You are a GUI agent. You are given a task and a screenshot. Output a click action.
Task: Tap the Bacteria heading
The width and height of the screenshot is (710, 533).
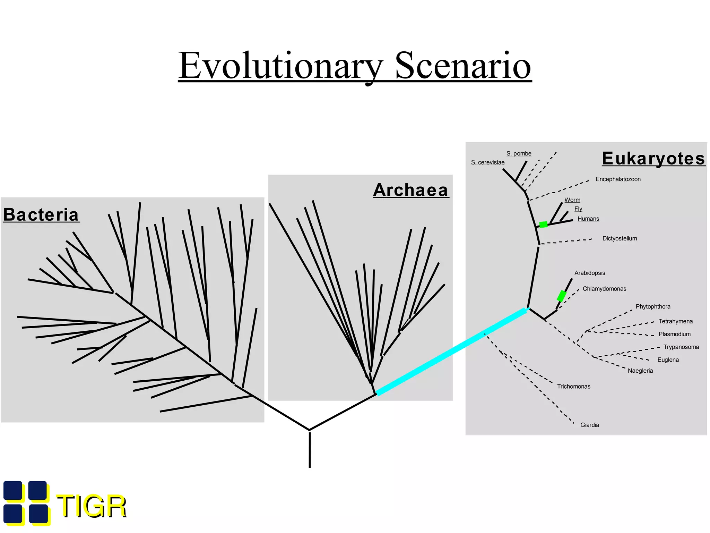coord(41,214)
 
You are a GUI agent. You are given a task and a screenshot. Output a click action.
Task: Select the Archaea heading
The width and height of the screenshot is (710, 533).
coord(411,190)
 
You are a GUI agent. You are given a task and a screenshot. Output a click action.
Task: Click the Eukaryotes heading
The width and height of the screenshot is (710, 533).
coord(653,159)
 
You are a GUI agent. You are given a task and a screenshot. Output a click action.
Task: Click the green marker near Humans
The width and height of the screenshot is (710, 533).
coord(543,225)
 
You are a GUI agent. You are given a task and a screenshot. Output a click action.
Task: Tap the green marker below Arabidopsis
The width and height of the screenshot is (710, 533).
coord(561,296)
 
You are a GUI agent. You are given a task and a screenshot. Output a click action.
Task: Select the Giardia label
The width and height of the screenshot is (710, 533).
coord(589,425)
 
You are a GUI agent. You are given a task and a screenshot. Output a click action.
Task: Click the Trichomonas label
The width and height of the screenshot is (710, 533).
coord(573,387)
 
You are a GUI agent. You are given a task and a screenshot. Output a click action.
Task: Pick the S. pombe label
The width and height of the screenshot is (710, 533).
coord(519,153)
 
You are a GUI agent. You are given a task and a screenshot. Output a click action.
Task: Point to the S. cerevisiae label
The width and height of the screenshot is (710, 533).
coord(487,162)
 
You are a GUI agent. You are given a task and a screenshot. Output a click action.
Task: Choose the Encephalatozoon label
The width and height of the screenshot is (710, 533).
coord(618,179)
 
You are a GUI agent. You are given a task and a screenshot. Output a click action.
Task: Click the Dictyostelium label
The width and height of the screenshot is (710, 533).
coord(620,238)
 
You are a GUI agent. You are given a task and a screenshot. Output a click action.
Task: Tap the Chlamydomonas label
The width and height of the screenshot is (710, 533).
coord(604,289)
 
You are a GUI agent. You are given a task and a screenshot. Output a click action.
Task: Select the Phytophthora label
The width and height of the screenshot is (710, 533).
coord(653,307)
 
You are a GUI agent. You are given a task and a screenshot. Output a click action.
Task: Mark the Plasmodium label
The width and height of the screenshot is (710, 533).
coord(674,334)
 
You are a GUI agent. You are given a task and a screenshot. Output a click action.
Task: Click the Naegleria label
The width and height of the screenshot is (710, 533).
coord(640,371)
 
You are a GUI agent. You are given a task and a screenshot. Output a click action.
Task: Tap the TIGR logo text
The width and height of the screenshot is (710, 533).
coord(92,506)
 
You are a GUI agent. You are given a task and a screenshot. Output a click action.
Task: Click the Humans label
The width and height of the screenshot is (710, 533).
coord(588,219)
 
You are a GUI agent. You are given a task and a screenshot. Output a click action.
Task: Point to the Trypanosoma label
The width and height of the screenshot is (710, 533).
coord(681,347)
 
